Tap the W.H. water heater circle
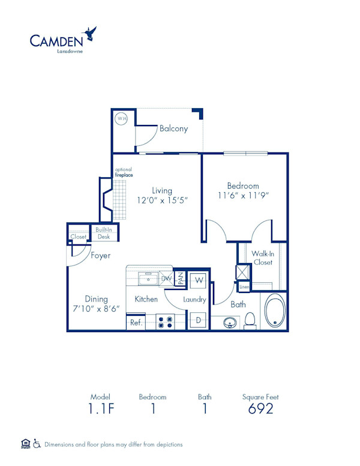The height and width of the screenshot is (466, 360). point(121,118)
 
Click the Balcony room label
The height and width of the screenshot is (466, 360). point(173,129)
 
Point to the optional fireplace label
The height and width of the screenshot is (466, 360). point(124,173)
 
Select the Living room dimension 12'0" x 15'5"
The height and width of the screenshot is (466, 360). point(162,200)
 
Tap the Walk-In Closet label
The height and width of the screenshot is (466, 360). point(262,258)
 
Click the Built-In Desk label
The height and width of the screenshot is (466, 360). point(104,233)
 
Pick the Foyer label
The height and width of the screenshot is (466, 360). point(100,255)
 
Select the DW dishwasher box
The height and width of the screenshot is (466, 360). point(166,278)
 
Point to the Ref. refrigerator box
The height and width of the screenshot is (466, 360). point(136,322)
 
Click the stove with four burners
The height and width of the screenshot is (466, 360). point(165,322)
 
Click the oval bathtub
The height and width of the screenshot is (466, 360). point(275,311)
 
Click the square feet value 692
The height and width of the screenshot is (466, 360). point(260,409)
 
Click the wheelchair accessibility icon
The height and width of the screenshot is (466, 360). point(37,444)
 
